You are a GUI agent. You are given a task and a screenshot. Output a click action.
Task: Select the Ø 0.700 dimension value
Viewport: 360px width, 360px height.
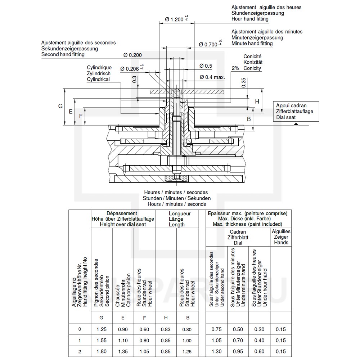pyautogui.click(x=210, y=44)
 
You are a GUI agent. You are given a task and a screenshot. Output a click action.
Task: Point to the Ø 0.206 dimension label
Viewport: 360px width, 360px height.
pyautogui.click(x=132, y=68)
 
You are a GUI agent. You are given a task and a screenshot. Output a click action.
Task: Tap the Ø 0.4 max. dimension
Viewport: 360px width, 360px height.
pyautogui.click(x=212, y=77)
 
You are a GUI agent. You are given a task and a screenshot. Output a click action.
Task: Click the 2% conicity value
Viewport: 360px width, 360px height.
pyautogui.click(x=235, y=68)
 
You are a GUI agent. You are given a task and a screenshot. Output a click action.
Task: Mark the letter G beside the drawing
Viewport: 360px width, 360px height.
pyautogui.click(x=60, y=106)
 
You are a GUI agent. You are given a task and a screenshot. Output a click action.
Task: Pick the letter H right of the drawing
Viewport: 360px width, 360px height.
pyautogui.click(x=257, y=102)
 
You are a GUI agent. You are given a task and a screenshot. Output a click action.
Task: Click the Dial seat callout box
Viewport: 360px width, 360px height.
pyautogui.click(x=296, y=111)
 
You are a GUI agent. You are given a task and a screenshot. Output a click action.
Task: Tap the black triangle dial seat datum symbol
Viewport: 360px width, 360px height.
pyautogui.click(x=296, y=124)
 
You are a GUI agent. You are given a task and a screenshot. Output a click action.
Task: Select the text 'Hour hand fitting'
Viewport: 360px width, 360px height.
pyautogui.click(x=250, y=19)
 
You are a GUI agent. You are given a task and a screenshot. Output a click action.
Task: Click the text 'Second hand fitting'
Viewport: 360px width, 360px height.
pyautogui.click(x=63, y=54)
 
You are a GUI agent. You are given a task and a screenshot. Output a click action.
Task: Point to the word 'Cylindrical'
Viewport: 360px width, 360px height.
pyautogui.click(x=98, y=79)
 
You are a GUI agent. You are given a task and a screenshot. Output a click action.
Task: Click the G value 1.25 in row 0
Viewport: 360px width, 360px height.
pyautogui.click(x=102, y=329)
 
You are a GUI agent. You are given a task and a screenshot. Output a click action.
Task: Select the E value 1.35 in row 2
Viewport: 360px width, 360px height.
pyautogui.click(x=123, y=351)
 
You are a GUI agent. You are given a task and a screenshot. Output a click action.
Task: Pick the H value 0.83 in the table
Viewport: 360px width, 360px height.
pyautogui.click(x=166, y=329)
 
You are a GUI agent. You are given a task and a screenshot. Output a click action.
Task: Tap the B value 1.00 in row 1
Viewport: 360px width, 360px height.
pyautogui.click(x=187, y=341)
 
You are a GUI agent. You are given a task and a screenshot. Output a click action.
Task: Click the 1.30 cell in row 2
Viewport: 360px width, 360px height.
pyautogui.click(x=216, y=351)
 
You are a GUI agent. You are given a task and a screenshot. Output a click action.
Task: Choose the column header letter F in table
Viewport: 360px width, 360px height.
pyautogui.click(x=144, y=318)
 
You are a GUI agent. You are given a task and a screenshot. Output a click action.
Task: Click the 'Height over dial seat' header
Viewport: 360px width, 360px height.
pyautogui.click(x=123, y=224)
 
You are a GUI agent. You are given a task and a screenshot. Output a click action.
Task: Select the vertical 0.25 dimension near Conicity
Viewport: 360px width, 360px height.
pyautogui.click(x=244, y=83)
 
